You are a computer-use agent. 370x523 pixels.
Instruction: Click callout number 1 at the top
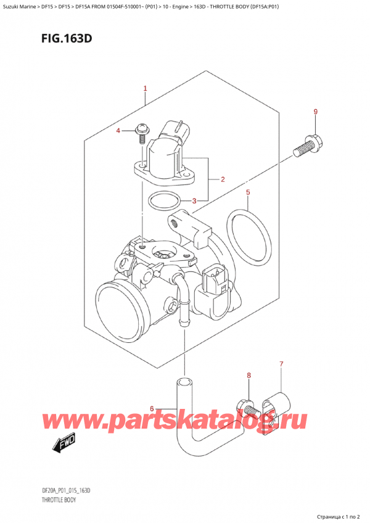click(146, 88)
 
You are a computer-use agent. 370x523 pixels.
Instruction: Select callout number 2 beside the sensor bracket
click(222, 179)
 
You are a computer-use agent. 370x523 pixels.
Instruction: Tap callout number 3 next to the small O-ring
click(194, 200)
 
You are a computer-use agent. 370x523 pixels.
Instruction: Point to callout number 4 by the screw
click(119, 130)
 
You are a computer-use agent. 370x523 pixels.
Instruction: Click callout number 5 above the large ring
click(248, 192)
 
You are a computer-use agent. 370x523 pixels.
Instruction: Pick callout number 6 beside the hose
click(152, 408)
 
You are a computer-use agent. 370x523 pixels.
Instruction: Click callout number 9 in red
click(316, 112)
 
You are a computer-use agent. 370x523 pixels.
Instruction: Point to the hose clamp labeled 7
click(276, 406)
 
